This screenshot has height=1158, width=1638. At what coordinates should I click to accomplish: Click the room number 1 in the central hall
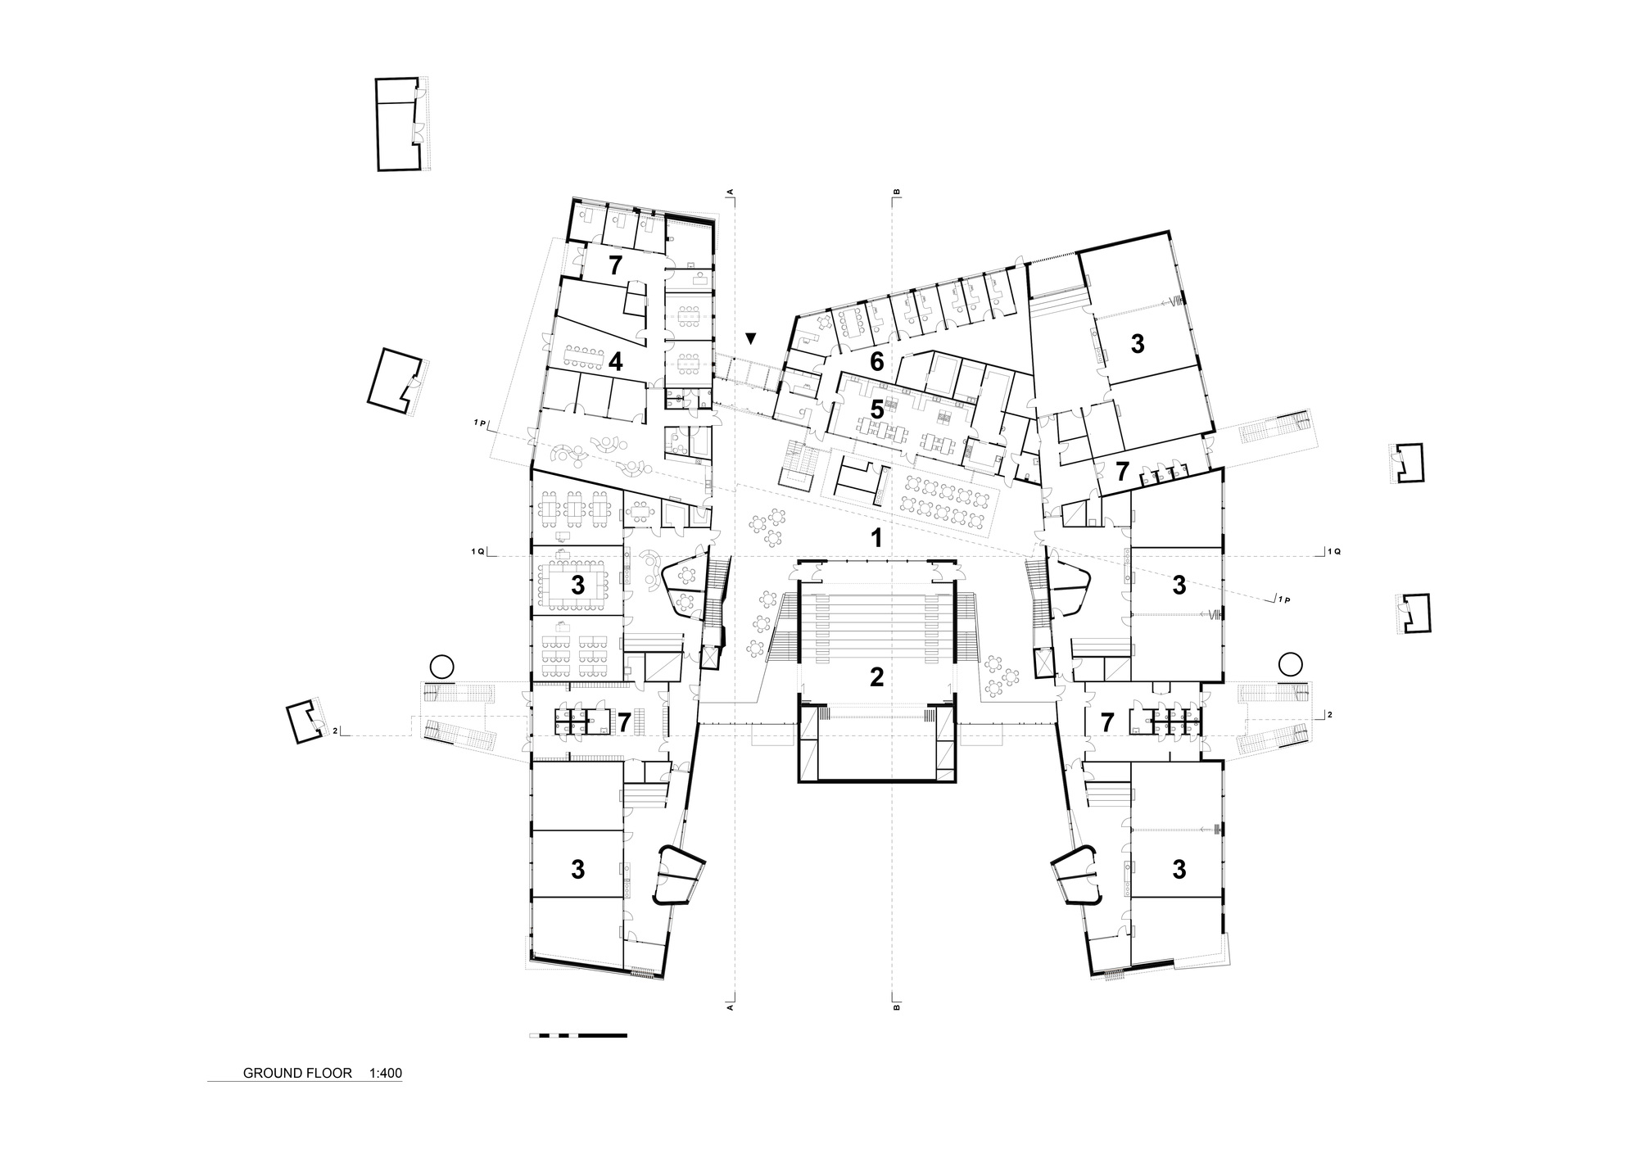tap(876, 538)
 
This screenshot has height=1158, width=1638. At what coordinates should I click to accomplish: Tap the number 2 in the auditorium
tap(876, 677)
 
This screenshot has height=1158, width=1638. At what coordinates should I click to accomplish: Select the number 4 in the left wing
tap(615, 362)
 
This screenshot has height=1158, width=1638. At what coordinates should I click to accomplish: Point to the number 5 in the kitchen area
tap(876, 409)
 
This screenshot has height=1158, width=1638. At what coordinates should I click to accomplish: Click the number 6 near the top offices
tap(876, 361)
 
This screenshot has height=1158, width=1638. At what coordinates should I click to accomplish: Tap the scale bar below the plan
tap(578, 1036)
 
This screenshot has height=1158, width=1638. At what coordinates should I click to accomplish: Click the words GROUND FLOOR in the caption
tap(297, 1073)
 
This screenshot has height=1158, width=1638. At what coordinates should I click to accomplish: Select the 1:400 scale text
tap(386, 1073)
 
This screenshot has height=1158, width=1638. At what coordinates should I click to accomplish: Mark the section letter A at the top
tap(730, 193)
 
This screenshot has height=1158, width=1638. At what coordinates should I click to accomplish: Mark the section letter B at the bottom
tap(896, 1007)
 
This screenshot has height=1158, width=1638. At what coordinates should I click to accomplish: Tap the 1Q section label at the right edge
tap(1333, 552)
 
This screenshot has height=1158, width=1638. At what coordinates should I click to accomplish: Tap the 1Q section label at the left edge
tap(477, 552)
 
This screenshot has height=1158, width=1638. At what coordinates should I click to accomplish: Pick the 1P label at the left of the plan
tap(480, 423)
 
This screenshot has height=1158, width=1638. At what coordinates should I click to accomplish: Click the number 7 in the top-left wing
tap(615, 265)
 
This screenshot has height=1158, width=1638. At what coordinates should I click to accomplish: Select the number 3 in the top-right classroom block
tap(1137, 345)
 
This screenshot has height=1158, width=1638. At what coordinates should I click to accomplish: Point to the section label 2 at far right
tap(1329, 715)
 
